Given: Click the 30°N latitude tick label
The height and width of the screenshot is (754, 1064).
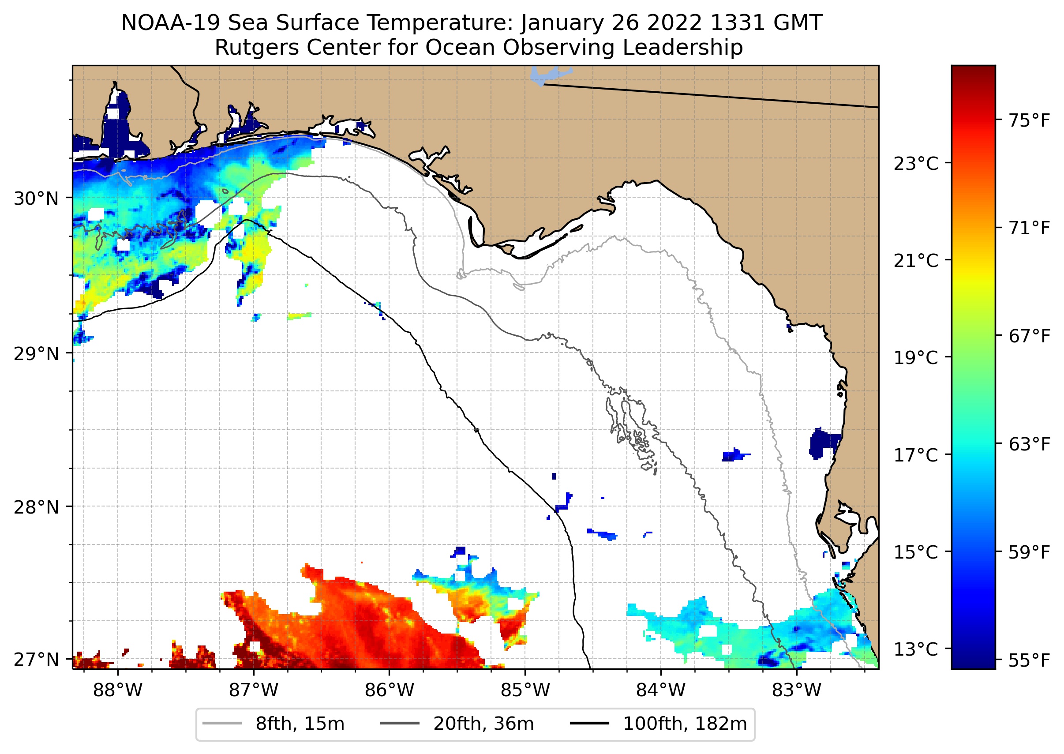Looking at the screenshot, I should pos(36,199).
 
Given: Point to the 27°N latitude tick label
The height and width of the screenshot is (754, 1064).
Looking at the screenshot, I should pos(36,659).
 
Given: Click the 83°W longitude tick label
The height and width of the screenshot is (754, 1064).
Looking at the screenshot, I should pos(797,690).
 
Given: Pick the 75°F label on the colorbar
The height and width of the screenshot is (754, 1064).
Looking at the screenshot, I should pos(1029,121).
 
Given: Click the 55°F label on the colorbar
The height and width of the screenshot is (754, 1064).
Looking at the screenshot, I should pos(1029,660).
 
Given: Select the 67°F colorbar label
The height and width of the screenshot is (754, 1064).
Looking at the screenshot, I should pos(1029,336).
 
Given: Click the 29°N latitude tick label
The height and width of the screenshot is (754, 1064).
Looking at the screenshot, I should pos(36,354).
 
